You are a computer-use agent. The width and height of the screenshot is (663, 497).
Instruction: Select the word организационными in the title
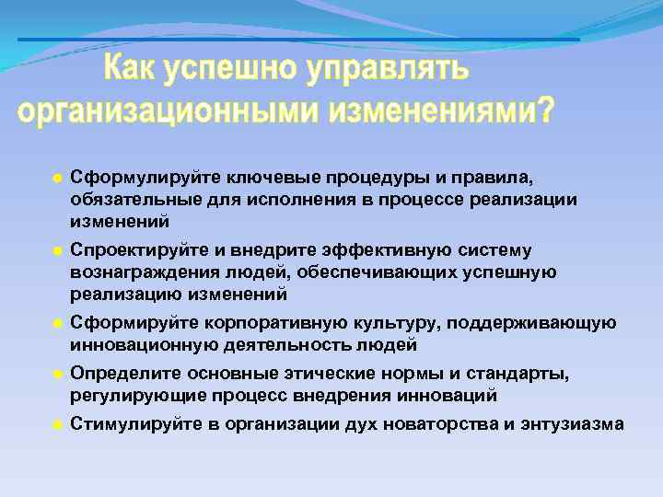click(x=157, y=110)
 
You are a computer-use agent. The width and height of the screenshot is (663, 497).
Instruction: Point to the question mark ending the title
click(x=545, y=110)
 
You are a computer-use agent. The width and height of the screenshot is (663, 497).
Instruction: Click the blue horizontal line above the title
click(x=298, y=40)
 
